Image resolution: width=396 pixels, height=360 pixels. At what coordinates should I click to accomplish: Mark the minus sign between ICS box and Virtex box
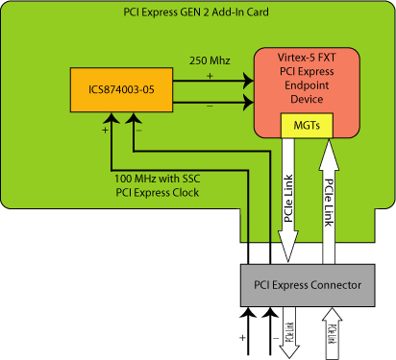210,108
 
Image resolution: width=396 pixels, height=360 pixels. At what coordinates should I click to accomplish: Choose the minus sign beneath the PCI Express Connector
274,338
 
